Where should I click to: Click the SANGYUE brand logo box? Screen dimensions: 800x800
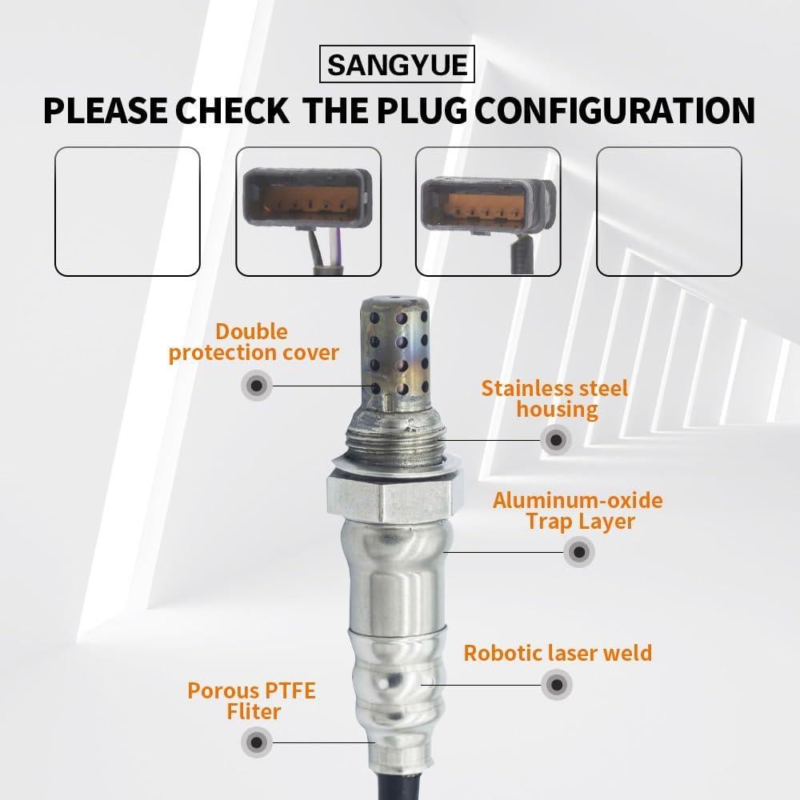tap(398, 63)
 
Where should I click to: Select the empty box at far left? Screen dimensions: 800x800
tap(127, 211)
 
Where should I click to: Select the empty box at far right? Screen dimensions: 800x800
tap(669, 211)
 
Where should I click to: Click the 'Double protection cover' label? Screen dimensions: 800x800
tap(254, 342)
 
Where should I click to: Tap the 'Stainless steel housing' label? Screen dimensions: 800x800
tap(555, 399)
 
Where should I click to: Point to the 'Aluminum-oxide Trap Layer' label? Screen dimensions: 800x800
tap(577, 511)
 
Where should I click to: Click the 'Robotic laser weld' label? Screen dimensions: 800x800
tap(558, 653)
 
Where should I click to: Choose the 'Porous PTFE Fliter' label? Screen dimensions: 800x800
tap(252, 700)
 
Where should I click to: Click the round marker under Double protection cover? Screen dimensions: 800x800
tap(256, 386)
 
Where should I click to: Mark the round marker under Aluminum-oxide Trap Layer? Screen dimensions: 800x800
tap(578, 552)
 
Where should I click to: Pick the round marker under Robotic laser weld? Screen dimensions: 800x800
tap(557, 685)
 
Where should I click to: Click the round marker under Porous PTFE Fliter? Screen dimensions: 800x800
tap(256, 742)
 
